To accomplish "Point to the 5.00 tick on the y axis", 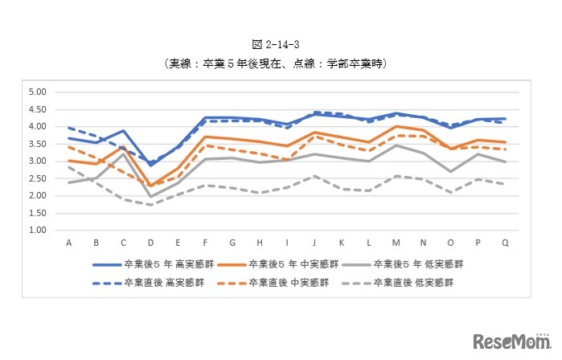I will coord(37,92).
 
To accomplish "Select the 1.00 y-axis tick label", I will coord(37,231).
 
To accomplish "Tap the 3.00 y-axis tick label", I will coord(37,162).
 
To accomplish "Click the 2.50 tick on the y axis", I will coord(37,178).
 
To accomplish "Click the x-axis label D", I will coord(150,243).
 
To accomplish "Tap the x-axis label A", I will coord(69,243).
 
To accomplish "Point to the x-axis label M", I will coord(396,243).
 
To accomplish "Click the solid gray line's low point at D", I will coord(150,196).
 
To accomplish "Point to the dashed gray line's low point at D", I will coord(150,205).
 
